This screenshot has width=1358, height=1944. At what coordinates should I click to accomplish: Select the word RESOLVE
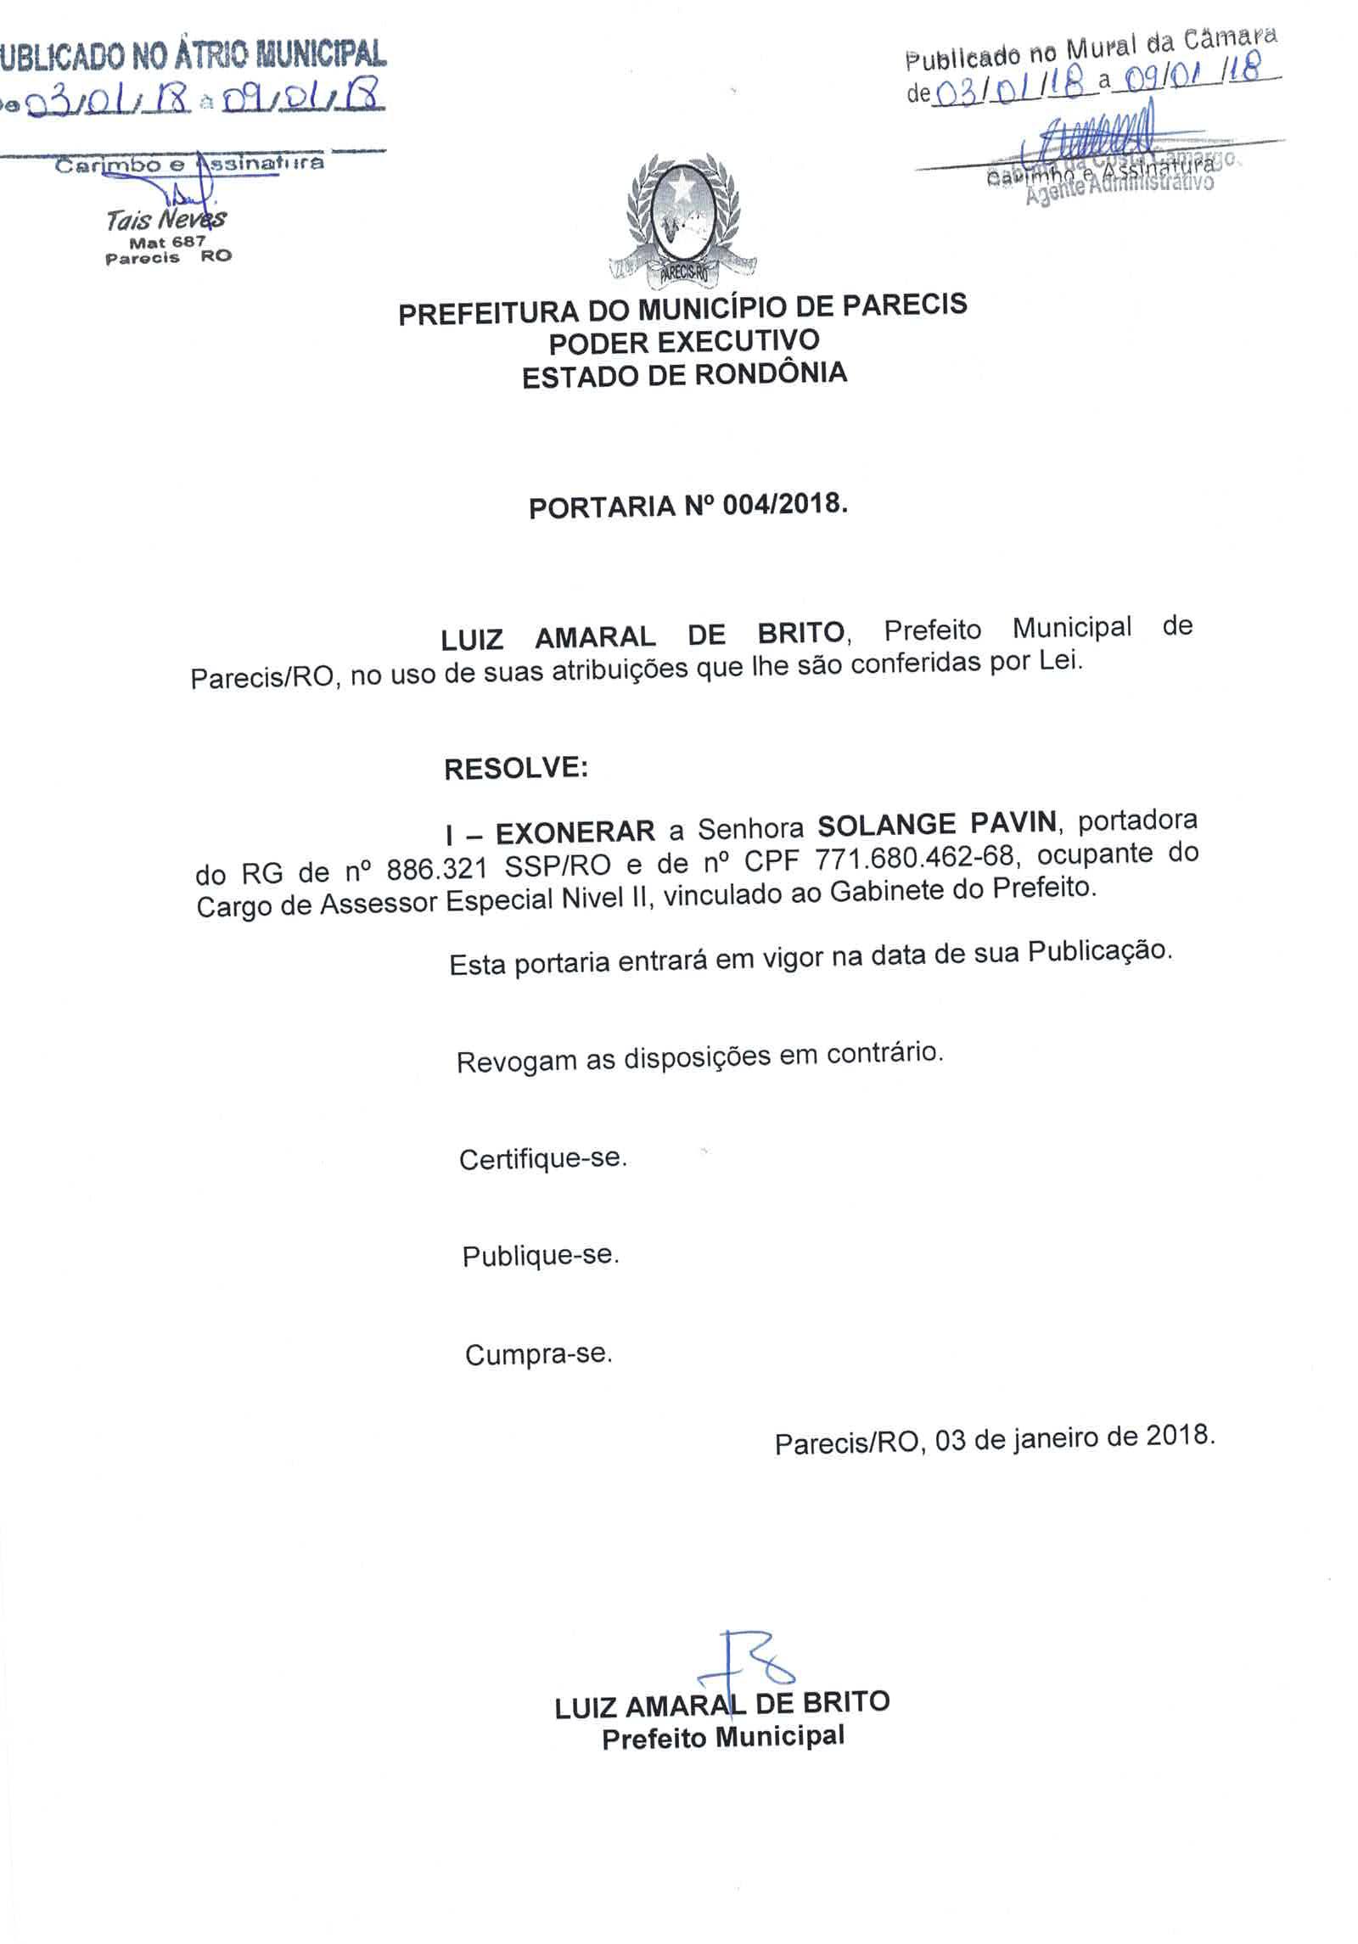[515, 769]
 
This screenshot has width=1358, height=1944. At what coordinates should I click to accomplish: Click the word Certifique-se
[542, 1158]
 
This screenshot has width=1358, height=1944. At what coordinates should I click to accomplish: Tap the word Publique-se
[541, 1255]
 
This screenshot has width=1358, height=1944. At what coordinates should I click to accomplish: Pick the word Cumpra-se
[538, 1353]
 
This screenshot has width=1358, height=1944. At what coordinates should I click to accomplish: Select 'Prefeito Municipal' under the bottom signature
[723, 1738]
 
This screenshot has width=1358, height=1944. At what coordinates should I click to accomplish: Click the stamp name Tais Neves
[166, 220]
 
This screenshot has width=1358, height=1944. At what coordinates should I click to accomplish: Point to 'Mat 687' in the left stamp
[167, 242]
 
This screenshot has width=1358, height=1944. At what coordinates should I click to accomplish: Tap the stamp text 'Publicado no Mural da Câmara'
[1091, 49]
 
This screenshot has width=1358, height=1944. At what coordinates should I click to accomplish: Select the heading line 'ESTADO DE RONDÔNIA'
[684, 375]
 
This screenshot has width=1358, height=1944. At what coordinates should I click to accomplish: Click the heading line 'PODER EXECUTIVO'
[684, 342]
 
